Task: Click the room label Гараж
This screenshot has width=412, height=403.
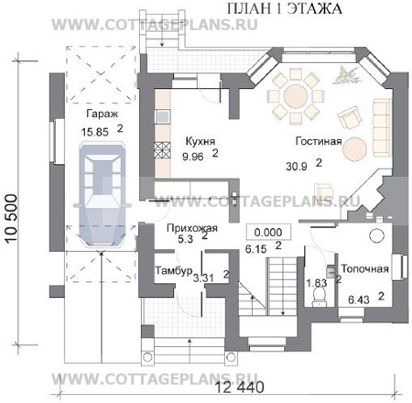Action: (x=102, y=114)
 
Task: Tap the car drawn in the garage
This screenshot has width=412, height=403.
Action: (x=103, y=194)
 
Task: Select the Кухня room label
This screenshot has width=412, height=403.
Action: (x=201, y=141)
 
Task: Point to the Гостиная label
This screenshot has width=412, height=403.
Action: (x=319, y=141)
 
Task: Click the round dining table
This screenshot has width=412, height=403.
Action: (x=295, y=96)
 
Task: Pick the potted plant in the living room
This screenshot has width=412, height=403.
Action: (x=346, y=75)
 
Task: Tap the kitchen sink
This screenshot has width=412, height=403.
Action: (x=163, y=116)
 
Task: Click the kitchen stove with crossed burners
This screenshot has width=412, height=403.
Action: (x=162, y=150)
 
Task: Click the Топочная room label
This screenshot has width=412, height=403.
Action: (x=364, y=269)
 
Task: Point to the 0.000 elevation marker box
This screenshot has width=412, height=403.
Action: (x=268, y=233)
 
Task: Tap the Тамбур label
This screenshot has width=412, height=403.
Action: (x=174, y=270)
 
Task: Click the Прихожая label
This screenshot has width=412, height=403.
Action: (x=192, y=228)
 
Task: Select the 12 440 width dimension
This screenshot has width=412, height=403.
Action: (x=240, y=387)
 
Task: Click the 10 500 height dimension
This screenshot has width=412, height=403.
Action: (x=12, y=218)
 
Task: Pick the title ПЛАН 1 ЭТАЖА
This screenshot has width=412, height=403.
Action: (x=285, y=8)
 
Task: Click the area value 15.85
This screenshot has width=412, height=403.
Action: (x=95, y=132)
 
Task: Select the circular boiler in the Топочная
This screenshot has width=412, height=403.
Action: (x=376, y=235)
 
